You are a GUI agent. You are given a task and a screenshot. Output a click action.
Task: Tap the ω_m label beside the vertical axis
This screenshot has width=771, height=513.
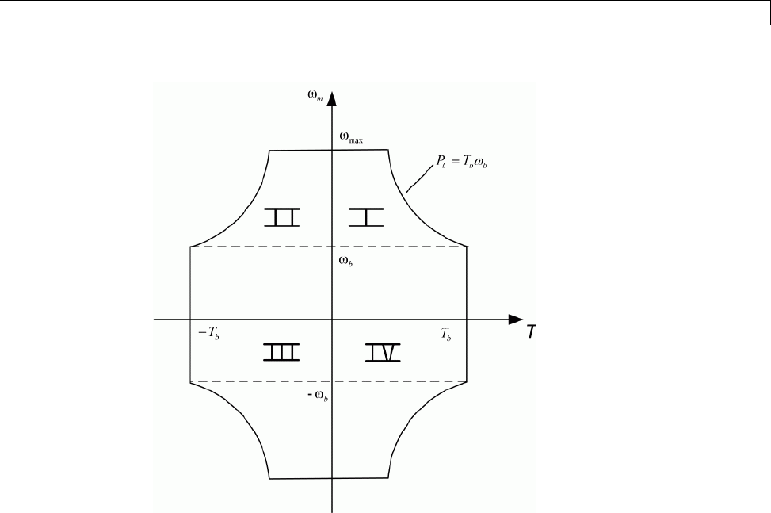point(315,98)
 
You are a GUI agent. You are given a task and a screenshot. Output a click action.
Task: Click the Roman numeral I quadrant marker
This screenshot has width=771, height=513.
point(366,216)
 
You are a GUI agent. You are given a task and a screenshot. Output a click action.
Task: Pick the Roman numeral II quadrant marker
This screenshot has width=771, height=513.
point(281,216)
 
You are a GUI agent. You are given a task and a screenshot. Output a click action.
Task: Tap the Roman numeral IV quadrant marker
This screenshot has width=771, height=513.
point(384,352)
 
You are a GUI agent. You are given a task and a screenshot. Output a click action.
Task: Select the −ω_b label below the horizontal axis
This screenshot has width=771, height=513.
point(319,393)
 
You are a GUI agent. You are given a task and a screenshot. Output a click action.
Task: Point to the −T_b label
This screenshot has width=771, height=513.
point(208,334)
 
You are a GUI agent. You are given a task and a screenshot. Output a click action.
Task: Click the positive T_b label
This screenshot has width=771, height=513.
point(448,334)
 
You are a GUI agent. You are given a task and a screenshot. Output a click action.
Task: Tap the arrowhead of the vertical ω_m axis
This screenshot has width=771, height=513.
point(333,98)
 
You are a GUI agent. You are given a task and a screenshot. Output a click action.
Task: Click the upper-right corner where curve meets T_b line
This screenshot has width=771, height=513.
point(465,247)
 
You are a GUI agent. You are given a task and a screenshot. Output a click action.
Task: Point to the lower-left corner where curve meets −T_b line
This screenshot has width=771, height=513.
point(190,381)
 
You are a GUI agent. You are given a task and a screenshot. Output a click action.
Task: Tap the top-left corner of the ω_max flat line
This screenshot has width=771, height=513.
point(270,150)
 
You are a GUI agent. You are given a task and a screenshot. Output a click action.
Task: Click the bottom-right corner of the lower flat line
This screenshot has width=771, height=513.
point(387,478)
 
